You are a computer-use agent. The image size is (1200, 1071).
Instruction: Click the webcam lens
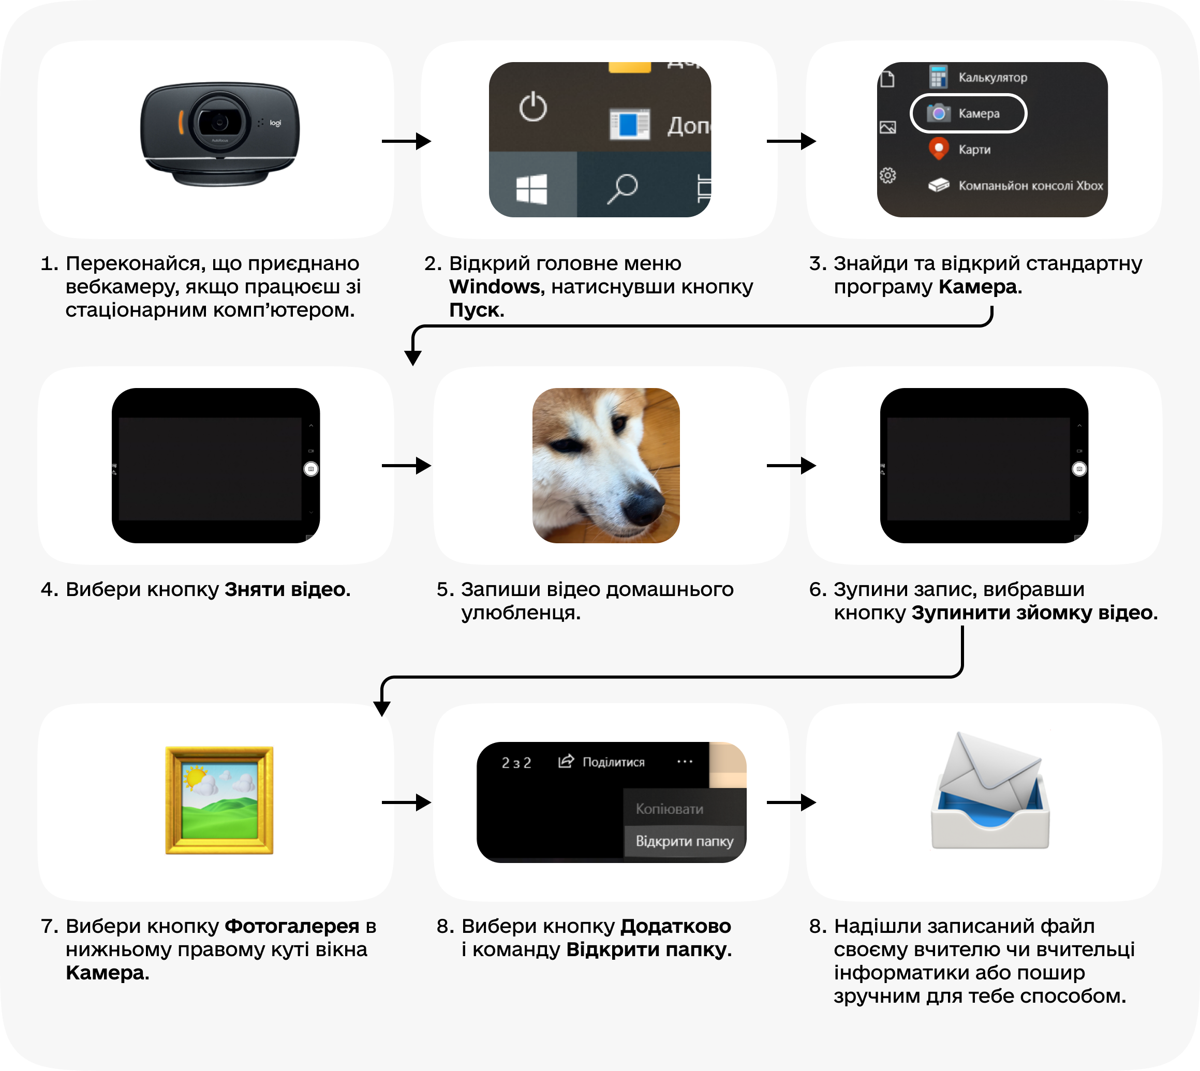[x=219, y=123]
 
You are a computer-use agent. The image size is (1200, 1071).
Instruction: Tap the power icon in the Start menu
[x=532, y=107]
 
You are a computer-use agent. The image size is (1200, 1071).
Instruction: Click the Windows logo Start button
[x=531, y=188]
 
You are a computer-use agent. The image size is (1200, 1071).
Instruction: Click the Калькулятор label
[x=992, y=78]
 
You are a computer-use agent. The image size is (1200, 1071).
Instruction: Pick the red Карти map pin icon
[x=939, y=148]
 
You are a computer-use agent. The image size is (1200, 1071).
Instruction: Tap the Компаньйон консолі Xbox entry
[x=1030, y=186]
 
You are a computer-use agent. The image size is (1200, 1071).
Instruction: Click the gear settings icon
[x=887, y=175]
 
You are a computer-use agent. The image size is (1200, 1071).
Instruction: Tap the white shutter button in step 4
[x=311, y=469]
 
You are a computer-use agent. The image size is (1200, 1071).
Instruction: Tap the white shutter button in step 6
[x=1079, y=469]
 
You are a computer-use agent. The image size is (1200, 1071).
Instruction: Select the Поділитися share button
[x=601, y=762]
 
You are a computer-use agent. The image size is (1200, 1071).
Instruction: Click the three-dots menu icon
[x=685, y=762]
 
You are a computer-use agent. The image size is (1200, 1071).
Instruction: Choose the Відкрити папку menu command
[x=684, y=841]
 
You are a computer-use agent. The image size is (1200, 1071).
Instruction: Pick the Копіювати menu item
[x=669, y=809]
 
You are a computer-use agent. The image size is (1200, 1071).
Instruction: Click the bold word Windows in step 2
[x=494, y=287]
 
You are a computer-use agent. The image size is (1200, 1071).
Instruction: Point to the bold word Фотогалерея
[x=292, y=926]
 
